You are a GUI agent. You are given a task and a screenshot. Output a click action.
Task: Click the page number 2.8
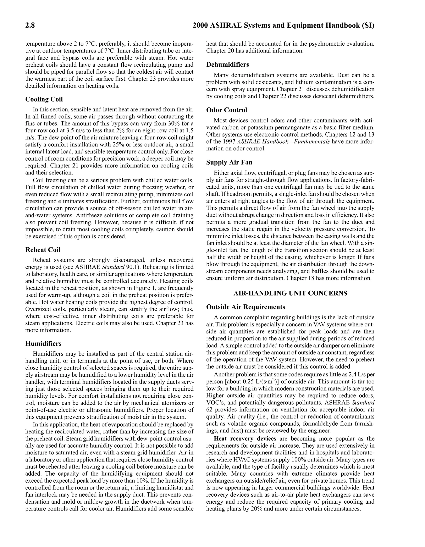(30, 26)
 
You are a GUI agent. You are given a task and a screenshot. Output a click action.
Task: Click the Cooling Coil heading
(44, 99)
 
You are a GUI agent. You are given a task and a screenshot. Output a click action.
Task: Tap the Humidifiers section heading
(43, 343)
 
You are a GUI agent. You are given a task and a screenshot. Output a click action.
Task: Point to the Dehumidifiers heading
(227, 65)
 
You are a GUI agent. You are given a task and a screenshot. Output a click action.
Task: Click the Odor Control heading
(226, 110)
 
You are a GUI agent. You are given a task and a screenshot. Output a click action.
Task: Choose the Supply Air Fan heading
(229, 162)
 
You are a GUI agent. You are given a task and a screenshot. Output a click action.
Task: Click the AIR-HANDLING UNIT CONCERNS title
(290, 293)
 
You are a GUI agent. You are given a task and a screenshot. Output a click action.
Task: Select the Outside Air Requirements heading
(245, 307)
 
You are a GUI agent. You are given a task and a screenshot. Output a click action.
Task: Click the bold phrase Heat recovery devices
(245, 438)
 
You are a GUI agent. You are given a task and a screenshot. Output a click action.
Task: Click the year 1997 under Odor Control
(229, 142)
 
